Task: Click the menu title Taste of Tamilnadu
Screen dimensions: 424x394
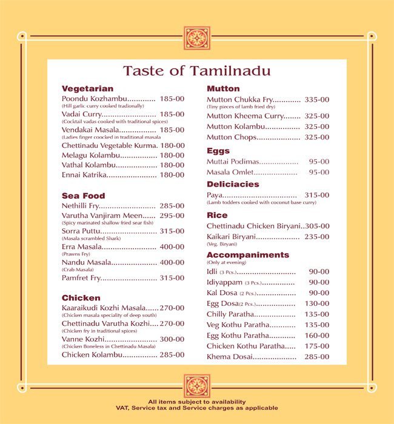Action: pyautogui.click(x=196, y=71)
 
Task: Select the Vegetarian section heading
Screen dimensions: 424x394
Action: pyautogui.click(x=87, y=88)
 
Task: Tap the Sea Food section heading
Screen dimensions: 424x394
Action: pyautogui.click(x=83, y=196)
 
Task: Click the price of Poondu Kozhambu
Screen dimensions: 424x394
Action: pyautogui.click(x=172, y=98)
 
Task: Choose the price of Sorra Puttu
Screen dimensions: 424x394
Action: pyautogui.click(x=172, y=231)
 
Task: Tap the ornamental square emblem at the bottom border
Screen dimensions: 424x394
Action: pyautogui.click(x=197, y=386)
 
